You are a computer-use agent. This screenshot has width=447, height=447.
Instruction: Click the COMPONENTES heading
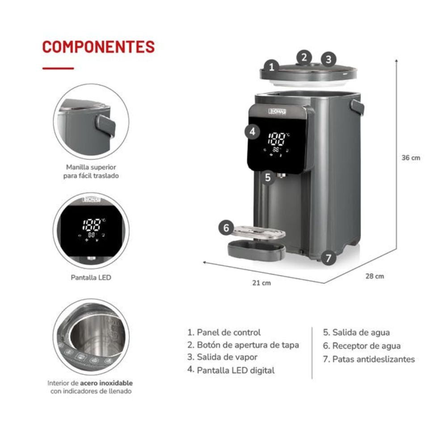[98, 46]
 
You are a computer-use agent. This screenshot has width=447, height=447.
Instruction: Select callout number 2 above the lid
[304, 57]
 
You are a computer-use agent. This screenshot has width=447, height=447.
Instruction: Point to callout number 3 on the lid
[329, 59]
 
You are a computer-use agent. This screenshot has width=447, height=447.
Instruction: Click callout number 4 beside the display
[253, 131]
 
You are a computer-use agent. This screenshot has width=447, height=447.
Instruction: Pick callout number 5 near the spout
[267, 177]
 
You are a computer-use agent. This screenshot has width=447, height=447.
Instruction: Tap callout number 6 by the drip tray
[226, 228]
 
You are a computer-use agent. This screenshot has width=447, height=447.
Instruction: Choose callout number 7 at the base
[329, 258]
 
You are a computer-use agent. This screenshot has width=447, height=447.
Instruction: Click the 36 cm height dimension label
[411, 158]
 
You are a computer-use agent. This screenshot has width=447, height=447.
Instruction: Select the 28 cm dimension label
[375, 276]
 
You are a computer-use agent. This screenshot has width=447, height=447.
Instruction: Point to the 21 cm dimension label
[261, 283]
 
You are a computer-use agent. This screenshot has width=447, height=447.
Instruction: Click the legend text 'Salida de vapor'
[227, 357]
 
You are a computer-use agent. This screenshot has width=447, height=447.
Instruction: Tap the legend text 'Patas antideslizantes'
[373, 359]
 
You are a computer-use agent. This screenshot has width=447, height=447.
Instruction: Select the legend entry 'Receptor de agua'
[366, 346]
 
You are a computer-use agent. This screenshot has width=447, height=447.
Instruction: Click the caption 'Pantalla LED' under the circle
[91, 278]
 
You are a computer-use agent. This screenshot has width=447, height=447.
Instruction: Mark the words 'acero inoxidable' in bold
[106, 383]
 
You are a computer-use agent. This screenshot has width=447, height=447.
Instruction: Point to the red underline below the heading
[58, 68]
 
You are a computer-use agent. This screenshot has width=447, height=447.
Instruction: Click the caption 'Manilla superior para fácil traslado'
[91, 172]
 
